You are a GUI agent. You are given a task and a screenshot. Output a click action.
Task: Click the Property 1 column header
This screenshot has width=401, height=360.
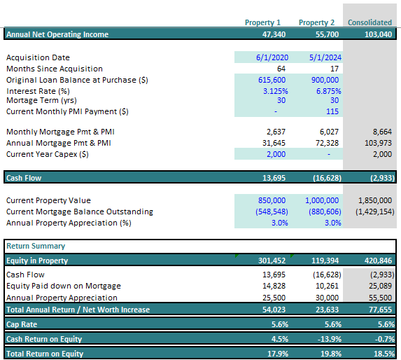262,22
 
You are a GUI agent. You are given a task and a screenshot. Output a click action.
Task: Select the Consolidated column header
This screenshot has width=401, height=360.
370,22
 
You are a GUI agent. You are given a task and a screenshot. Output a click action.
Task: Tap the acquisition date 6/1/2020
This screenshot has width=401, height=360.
265,57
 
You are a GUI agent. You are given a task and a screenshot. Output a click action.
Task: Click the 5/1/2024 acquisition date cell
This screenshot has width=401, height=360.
323,57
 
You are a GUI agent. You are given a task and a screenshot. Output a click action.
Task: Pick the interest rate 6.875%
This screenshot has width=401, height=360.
327,91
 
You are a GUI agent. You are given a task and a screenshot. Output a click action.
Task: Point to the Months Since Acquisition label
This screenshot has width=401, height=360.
54,69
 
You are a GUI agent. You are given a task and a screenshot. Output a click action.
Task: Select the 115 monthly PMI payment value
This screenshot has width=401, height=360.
332,111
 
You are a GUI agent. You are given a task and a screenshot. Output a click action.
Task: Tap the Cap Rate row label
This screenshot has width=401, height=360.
22,324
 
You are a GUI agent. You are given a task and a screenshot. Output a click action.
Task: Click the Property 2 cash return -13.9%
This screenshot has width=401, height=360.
328,340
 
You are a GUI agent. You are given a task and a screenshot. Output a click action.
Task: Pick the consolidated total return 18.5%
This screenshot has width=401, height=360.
382,354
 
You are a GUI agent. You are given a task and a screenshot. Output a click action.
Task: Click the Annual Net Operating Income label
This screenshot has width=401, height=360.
58,34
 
